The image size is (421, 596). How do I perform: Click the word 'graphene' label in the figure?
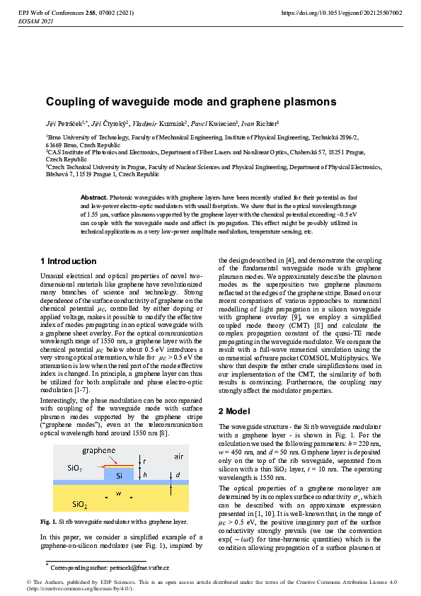pos(99,450)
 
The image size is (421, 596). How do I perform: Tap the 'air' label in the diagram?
pos(179,457)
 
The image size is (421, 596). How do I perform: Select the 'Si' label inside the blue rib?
pos(120,475)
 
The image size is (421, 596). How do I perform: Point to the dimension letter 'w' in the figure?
pos(120,493)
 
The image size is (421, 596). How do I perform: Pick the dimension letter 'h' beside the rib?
pos(144,475)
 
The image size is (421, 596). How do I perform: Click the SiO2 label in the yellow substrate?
pos(80,503)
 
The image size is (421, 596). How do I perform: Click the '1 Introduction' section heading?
pos(68,261)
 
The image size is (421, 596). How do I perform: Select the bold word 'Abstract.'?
pos(94,196)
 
